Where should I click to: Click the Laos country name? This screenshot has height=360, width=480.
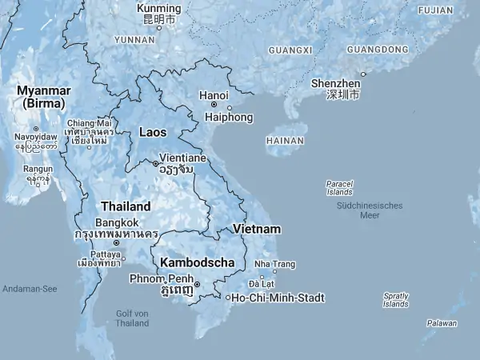(153, 131)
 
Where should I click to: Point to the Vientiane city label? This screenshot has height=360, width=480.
(188, 158)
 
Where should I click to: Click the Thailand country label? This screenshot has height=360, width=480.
(126, 206)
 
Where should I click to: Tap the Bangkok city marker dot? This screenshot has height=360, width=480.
(116, 242)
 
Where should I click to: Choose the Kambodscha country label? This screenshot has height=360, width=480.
(198, 262)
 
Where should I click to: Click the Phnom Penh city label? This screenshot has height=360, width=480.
(161, 278)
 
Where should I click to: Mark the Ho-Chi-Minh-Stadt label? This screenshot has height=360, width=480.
(278, 298)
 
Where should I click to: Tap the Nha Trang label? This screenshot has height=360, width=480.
(274, 264)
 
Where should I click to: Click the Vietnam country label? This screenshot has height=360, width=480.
(257, 229)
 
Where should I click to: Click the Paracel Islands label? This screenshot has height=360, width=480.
(339, 187)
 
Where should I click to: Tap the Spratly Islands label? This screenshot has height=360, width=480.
(395, 299)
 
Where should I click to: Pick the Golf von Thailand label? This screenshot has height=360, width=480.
(132, 318)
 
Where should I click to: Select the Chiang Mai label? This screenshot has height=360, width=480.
(94, 122)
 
